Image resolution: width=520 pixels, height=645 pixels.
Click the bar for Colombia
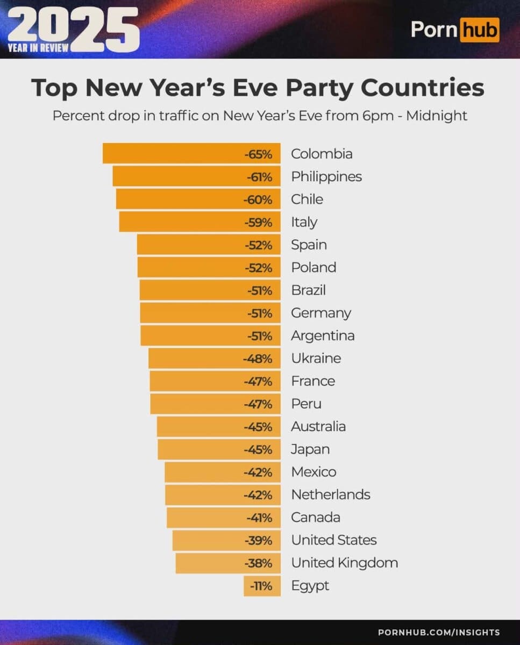point(191,154)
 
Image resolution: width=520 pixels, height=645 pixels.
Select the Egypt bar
point(262,586)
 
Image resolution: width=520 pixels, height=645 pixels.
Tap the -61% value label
point(259,176)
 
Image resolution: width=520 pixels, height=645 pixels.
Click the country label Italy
point(304,222)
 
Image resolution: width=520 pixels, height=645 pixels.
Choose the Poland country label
point(314,267)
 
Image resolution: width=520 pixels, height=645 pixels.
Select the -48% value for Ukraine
point(258,358)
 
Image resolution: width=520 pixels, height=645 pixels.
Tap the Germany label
point(320,313)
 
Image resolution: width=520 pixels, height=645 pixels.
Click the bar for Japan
point(219,449)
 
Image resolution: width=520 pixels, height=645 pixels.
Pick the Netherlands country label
point(330,494)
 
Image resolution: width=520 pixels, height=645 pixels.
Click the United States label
point(333,540)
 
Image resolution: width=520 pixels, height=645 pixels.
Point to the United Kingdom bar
point(228,563)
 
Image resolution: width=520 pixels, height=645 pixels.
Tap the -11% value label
point(262,586)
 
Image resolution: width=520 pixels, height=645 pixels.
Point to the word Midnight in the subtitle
point(437,116)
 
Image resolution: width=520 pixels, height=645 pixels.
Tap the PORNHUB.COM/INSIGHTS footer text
point(439,633)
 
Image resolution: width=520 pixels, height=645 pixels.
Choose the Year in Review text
point(38,48)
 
